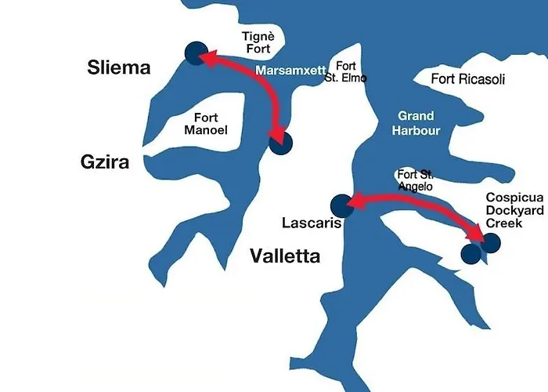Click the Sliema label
tap(118, 68)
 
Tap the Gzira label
tap(104, 162)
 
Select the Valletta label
tap(285, 256)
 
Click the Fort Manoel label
tap(206, 124)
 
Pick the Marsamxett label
tap(291, 71)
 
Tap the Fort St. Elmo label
tap(350, 72)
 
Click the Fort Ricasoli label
tap(468, 79)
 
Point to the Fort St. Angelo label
tap(415, 180)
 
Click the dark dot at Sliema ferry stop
tap(195, 53)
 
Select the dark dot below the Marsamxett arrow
tap(279, 143)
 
